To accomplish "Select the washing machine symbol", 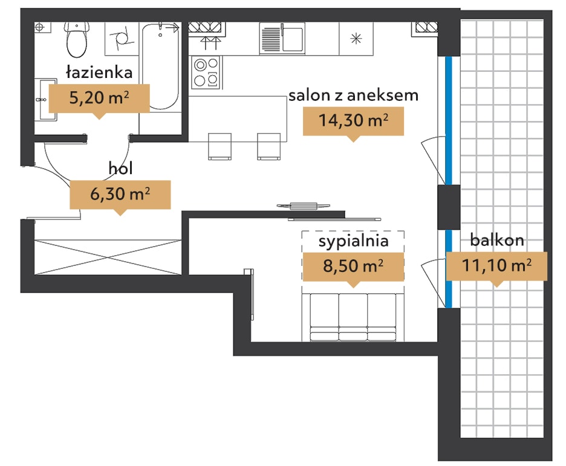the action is [x=122, y=38].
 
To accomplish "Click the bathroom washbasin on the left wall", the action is [x=46, y=100].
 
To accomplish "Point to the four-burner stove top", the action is [x=206, y=72].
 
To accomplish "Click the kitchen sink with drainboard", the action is [x=282, y=38].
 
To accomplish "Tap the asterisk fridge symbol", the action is [x=356, y=38].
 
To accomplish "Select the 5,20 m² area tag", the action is [x=99, y=98].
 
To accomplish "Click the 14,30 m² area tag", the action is [x=353, y=121].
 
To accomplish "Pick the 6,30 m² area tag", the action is [x=120, y=195].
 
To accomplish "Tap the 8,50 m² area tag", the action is [x=353, y=267].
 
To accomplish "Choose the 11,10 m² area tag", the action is [x=496, y=266].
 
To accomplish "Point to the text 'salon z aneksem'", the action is [x=353, y=95].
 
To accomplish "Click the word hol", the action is [x=120, y=168].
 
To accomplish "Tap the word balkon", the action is [x=497, y=240].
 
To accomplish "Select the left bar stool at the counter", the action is [x=220, y=146].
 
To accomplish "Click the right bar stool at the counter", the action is [x=268, y=146].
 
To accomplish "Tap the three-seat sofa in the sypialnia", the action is [x=353, y=317].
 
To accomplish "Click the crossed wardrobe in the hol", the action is [x=108, y=257].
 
